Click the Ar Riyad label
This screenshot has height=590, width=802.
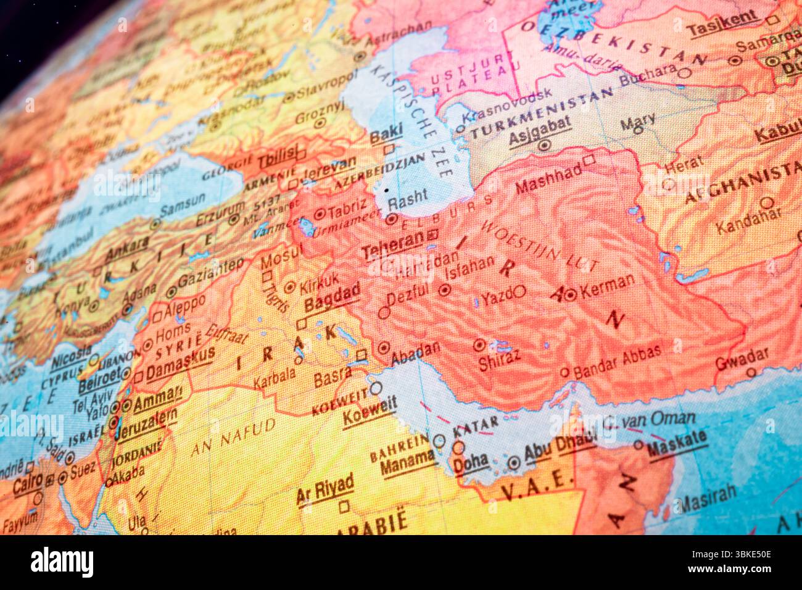click(325, 489)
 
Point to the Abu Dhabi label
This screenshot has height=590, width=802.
click(559, 448)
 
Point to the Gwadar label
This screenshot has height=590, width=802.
click(742, 358)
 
